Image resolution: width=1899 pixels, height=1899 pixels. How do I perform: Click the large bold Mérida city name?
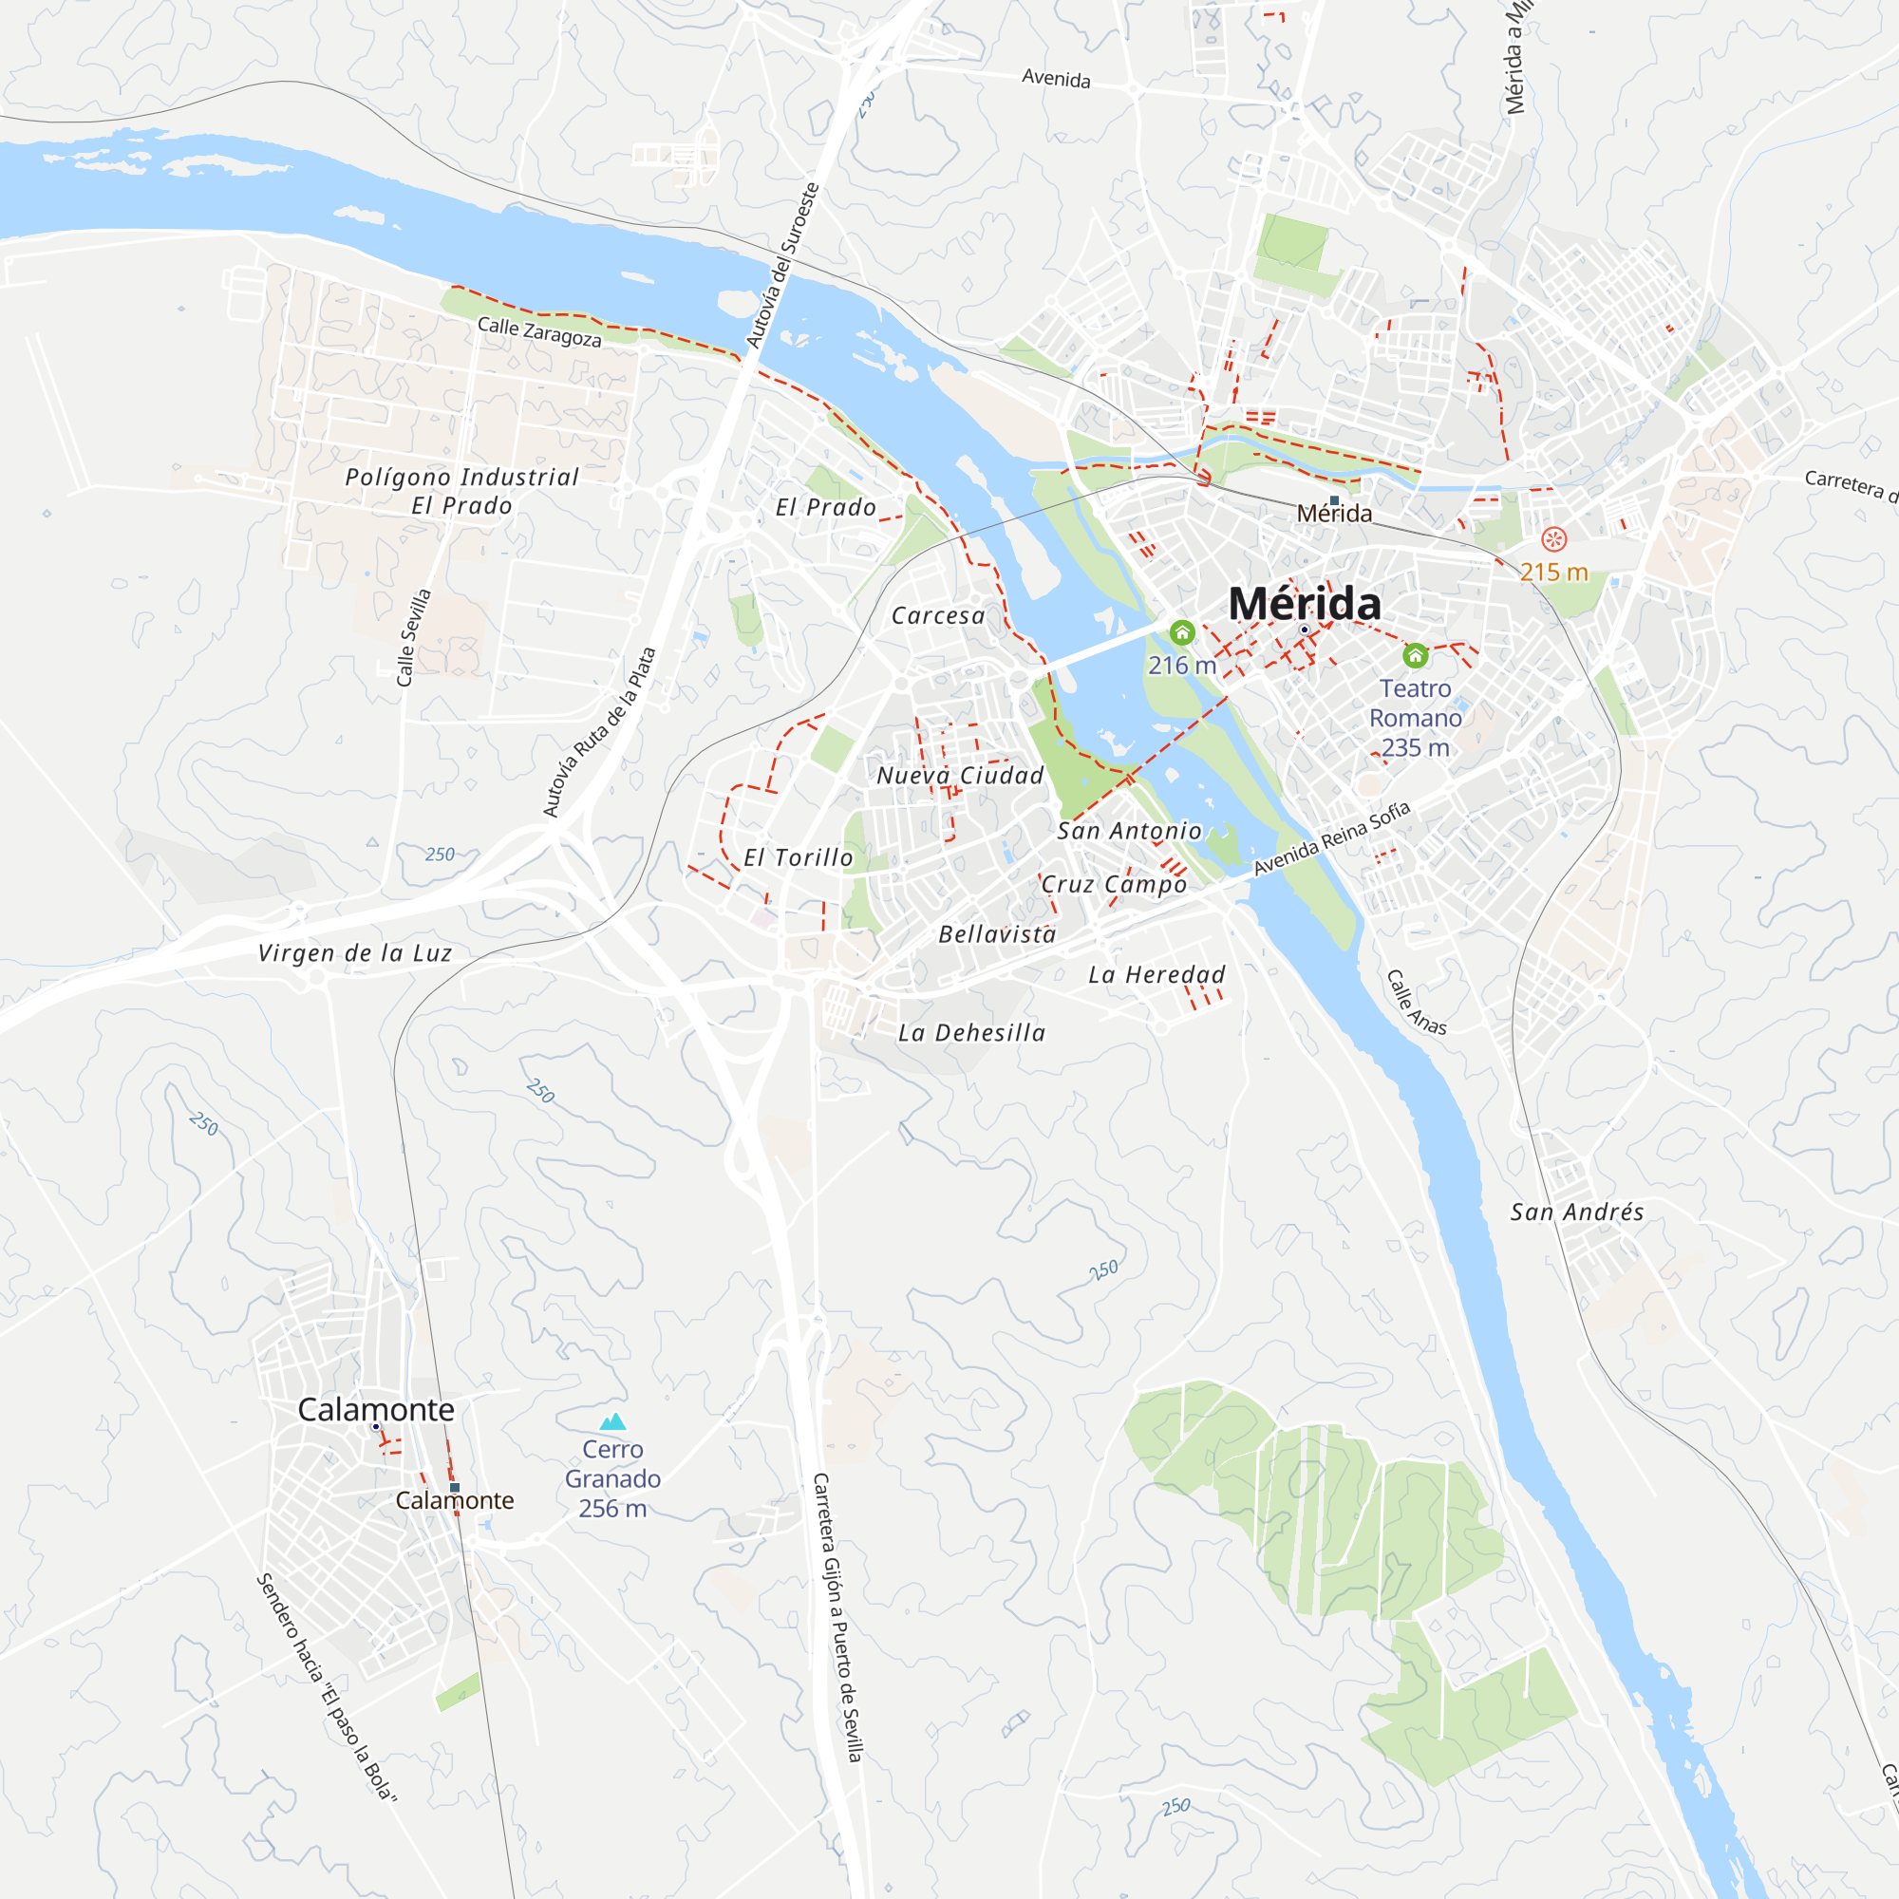pos(1305,604)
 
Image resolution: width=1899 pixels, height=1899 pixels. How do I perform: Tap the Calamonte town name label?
pos(375,1409)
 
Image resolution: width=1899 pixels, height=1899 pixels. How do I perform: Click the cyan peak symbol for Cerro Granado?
pos(612,1421)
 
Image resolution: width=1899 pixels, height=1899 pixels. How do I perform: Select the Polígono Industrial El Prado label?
pos(462,492)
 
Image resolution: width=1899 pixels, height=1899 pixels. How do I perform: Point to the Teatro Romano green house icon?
pos(1416,654)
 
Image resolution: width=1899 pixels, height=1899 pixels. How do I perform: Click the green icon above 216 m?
pos(1182,632)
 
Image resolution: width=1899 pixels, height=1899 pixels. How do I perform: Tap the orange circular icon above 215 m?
pos(1554,538)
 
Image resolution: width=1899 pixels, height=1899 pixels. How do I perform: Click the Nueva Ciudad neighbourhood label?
pos(959,776)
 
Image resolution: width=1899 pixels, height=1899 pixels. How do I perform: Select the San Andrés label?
pos(1576,1212)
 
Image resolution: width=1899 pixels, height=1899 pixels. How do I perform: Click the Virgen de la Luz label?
pos(355,952)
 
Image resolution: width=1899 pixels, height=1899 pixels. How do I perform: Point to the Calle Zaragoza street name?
pos(538,331)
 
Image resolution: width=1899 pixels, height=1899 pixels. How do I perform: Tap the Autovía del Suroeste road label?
pos(782,266)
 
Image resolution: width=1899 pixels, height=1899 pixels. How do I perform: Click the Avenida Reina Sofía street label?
pos(1332,838)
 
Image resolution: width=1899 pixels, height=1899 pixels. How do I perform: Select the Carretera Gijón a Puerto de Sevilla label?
pos(837,1617)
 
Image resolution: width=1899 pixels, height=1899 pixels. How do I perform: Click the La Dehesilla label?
pos(971,1033)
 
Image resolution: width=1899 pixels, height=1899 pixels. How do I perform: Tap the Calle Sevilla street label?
pos(414,637)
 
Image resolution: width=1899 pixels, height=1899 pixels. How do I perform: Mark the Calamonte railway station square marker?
pos(454,1487)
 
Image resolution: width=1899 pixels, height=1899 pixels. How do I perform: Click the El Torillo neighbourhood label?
pos(799,858)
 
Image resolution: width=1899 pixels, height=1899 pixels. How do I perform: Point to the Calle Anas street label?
pos(1417,1003)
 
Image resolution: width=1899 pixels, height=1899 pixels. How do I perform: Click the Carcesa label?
pos(938,616)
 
